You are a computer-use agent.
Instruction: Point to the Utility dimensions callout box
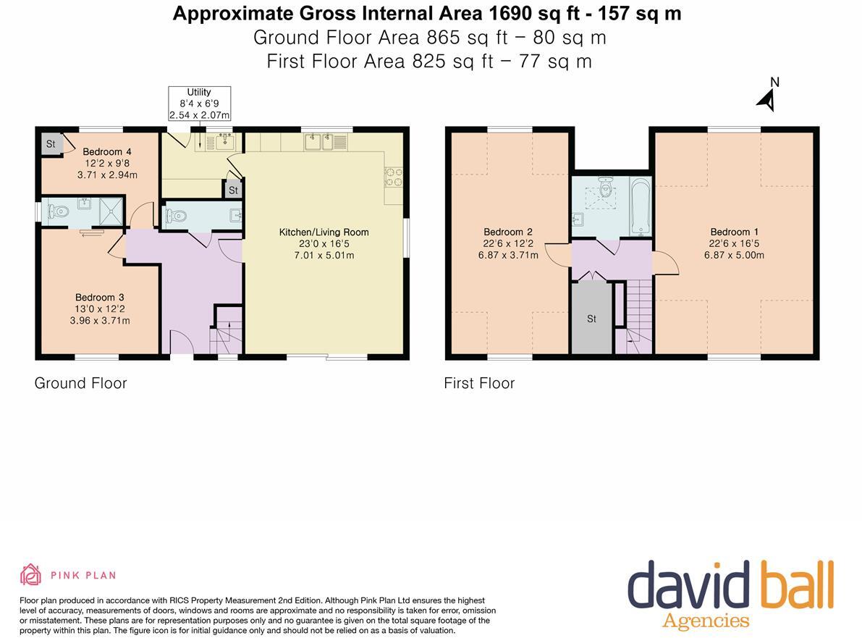(x=199, y=104)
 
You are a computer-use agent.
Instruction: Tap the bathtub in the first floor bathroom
(x=640, y=207)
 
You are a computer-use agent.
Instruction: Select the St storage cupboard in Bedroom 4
(x=51, y=144)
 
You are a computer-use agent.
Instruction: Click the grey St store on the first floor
(x=591, y=319)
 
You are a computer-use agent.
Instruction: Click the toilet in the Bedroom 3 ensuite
(x=57, y=212)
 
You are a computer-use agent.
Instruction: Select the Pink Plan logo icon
(x=30, y=575)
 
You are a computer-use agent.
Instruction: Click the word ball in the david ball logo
(x=793, y=587)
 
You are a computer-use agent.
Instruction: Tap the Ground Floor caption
(x=80, y=383)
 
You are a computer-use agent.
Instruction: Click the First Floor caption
(x=479, y=383)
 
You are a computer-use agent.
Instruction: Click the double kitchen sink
(x=318, y=142)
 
